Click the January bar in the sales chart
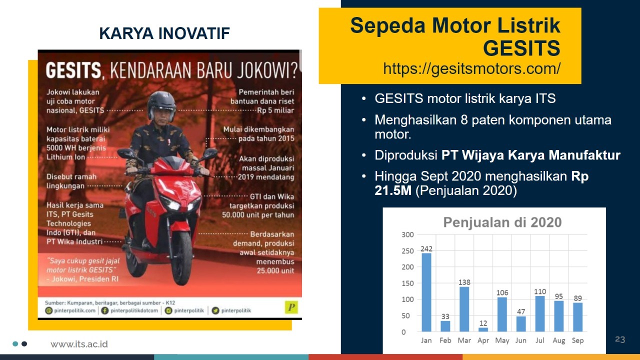tap(426, 292)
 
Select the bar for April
tap(483, 329)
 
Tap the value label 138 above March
tap(464, 282)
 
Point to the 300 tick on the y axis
tap(407, 234)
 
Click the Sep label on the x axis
tap(577, 340)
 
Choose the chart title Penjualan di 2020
tap(502, 222)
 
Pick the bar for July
tap(540, 313)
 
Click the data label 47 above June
tap(521, 311)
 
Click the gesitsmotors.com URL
tap(471, 68)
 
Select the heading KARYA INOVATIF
tap(164, 33)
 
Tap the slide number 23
tap(620, 339)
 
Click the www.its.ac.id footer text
tap(79, 344)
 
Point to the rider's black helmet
tap(161, 103)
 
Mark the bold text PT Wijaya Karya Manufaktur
tap(530, 155)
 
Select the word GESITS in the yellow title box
tap(521, 48)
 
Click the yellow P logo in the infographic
tap(291, 307)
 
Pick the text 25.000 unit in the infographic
tap(275, 270)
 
